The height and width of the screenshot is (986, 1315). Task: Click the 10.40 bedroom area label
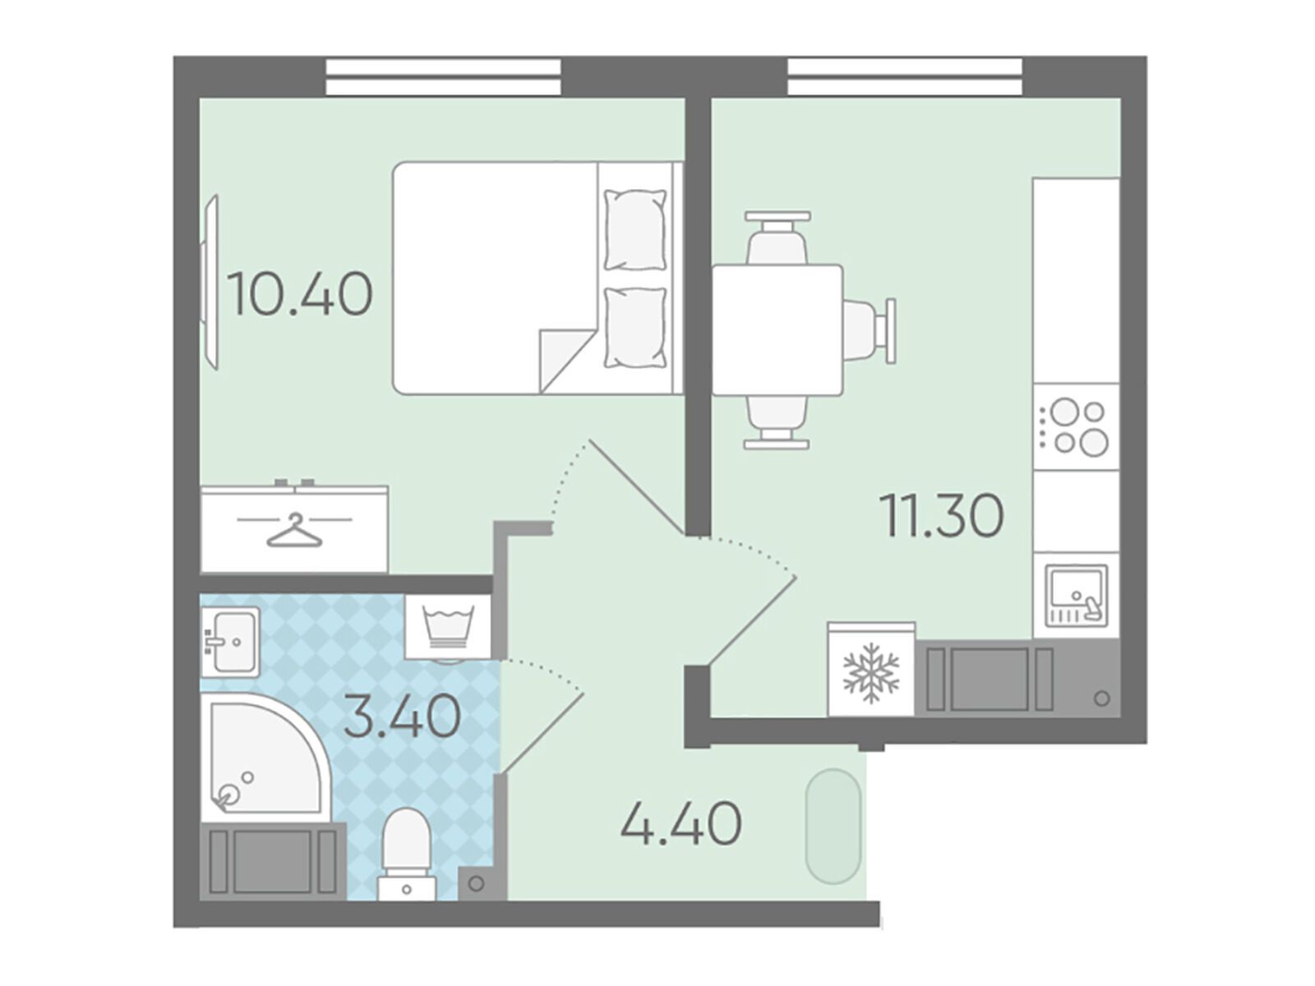point(301,294)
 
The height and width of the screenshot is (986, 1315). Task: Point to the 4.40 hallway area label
point(681,823)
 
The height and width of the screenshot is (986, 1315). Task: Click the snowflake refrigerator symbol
point(871,672)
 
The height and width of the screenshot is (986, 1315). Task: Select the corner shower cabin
point(266,758)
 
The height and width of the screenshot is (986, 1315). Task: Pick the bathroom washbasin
point(230,642)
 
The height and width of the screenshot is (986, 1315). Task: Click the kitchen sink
point(1077,597)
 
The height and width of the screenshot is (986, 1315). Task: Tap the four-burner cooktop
point(1076,426)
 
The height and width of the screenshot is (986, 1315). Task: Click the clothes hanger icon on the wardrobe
point(294,530)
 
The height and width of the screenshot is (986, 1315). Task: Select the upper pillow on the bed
point(635,231)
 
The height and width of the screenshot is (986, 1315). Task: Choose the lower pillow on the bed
point(635,327)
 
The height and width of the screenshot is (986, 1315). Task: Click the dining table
point(777,329)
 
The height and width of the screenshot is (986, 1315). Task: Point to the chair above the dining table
point(777,237)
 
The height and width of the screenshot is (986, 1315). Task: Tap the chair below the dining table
point(777,422)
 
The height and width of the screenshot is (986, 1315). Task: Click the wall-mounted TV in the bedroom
point(210,283)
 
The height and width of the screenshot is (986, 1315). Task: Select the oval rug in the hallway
point(833,826)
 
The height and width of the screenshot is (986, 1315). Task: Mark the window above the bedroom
point(443,76)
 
